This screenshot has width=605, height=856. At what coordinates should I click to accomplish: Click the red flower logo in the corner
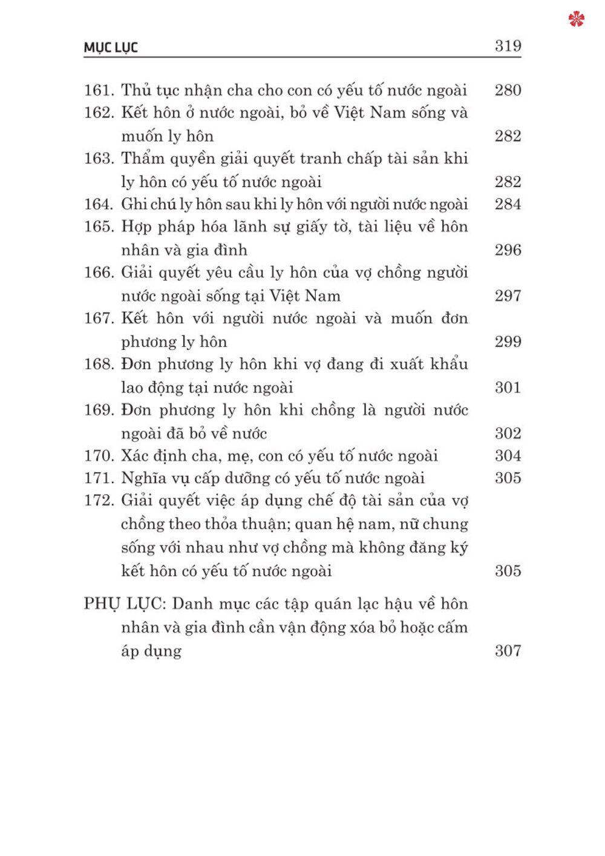coord(577,19)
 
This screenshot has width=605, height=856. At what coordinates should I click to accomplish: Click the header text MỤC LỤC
coord(111,48)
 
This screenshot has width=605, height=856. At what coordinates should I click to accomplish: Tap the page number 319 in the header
coord(508,46)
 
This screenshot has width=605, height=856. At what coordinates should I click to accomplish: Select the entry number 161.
coord(99,91)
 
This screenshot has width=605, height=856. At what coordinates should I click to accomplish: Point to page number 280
coord(508,90)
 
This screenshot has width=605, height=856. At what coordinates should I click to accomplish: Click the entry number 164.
coord(99,205)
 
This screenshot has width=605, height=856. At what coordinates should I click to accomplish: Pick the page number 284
coord(508,204)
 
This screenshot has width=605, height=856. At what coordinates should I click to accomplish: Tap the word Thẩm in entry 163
coord(143,159)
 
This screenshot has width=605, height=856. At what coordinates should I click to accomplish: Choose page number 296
coord(508,250)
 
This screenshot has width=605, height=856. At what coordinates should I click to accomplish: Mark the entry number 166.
coord(99,273)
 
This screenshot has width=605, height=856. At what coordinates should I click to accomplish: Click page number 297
coord(508,296)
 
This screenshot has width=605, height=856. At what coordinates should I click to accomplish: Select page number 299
coord(508,342)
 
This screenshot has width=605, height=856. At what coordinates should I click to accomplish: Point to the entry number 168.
coord(99,364)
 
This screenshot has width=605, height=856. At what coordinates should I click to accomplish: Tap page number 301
coord(508,387)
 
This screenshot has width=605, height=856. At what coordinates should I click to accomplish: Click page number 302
coord(508,433)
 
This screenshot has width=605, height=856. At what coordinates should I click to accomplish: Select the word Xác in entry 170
coord(134,456)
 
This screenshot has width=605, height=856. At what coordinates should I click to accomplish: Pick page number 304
coord(508,456)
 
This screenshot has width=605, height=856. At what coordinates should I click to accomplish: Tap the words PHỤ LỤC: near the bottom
coord(124,604)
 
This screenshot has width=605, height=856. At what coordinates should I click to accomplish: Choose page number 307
coord(508,651)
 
